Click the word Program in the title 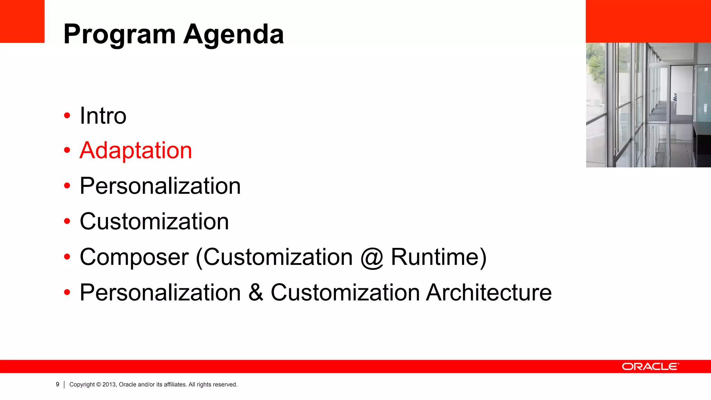click(x=119, y=35)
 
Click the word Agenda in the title click(x=234, y=35)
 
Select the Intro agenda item click(x=103, y=116)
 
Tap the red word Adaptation click(x=136, y=151)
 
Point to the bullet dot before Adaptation click(x=67, y=151)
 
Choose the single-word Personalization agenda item click(x=160, y=186)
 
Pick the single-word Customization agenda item click(x=154, y=222)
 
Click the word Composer click(x=134, y=257)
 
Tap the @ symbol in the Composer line click(x=371, y=258)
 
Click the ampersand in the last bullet click(x=256, y=292)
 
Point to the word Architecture click(x=489, y=292)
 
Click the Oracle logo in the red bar click(x=650, y=367)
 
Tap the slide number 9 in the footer click(x=58, y=384)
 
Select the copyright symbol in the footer click(x=99, y=384)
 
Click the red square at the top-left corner click(x=22, y=21)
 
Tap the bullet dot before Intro click(x=67, y=116)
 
